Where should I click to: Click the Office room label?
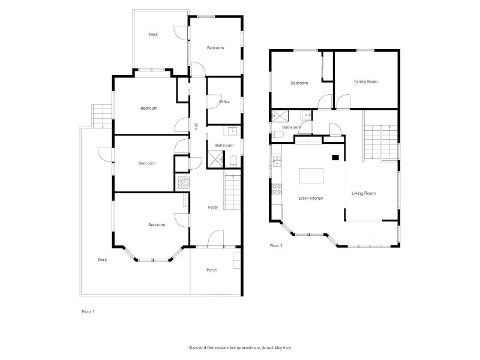(224, 102)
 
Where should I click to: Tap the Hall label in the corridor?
(196, 127)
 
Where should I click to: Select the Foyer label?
(213, 207)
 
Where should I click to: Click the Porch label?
(212, 270)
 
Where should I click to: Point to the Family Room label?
(366, 82)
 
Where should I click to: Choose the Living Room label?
(364, 193)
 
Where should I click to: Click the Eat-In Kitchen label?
(311, 198)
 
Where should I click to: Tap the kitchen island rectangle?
(311, 176)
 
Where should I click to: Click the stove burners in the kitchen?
(277, 188)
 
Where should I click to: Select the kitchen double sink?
(277, 161)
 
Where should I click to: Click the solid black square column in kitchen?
(335, 157)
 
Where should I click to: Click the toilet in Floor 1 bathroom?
(233, 161)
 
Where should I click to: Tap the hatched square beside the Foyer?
(184, 182)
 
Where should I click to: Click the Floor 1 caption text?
(88, 311)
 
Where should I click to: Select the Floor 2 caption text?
(276, 245)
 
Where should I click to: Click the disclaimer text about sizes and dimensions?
(239, 348)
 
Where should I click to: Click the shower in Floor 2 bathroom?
(280, 115)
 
